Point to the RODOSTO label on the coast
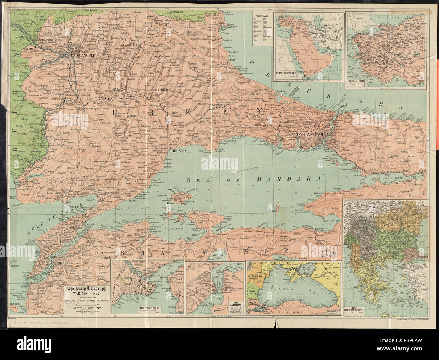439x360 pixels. click(178, 151)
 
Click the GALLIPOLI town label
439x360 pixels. click(75, 227)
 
